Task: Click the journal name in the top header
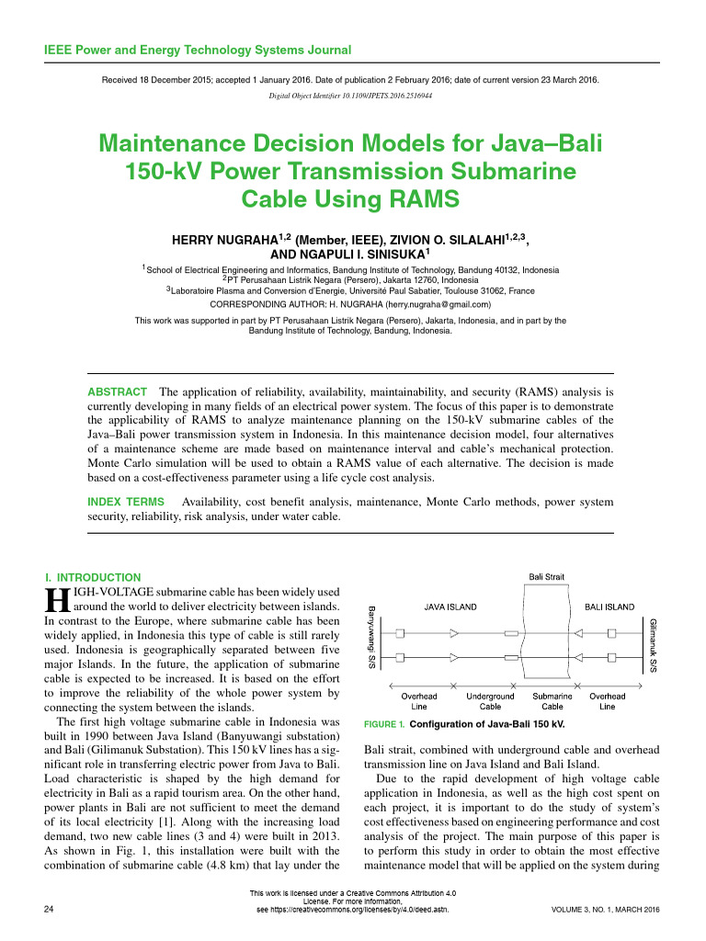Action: [x=197, y=50]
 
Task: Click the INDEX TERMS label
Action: [x=126, y=502]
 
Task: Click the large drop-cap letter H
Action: [x=57, y=602]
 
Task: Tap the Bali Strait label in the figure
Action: [x=546, y=577]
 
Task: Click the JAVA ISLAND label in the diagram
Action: [x=450, y=607]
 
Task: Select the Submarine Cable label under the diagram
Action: [x=552, y=701]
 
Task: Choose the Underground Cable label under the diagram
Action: [x=490, y=701]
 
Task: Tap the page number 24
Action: [x=49, y=910]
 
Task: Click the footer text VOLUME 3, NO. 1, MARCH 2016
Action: [x=605, y=910]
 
